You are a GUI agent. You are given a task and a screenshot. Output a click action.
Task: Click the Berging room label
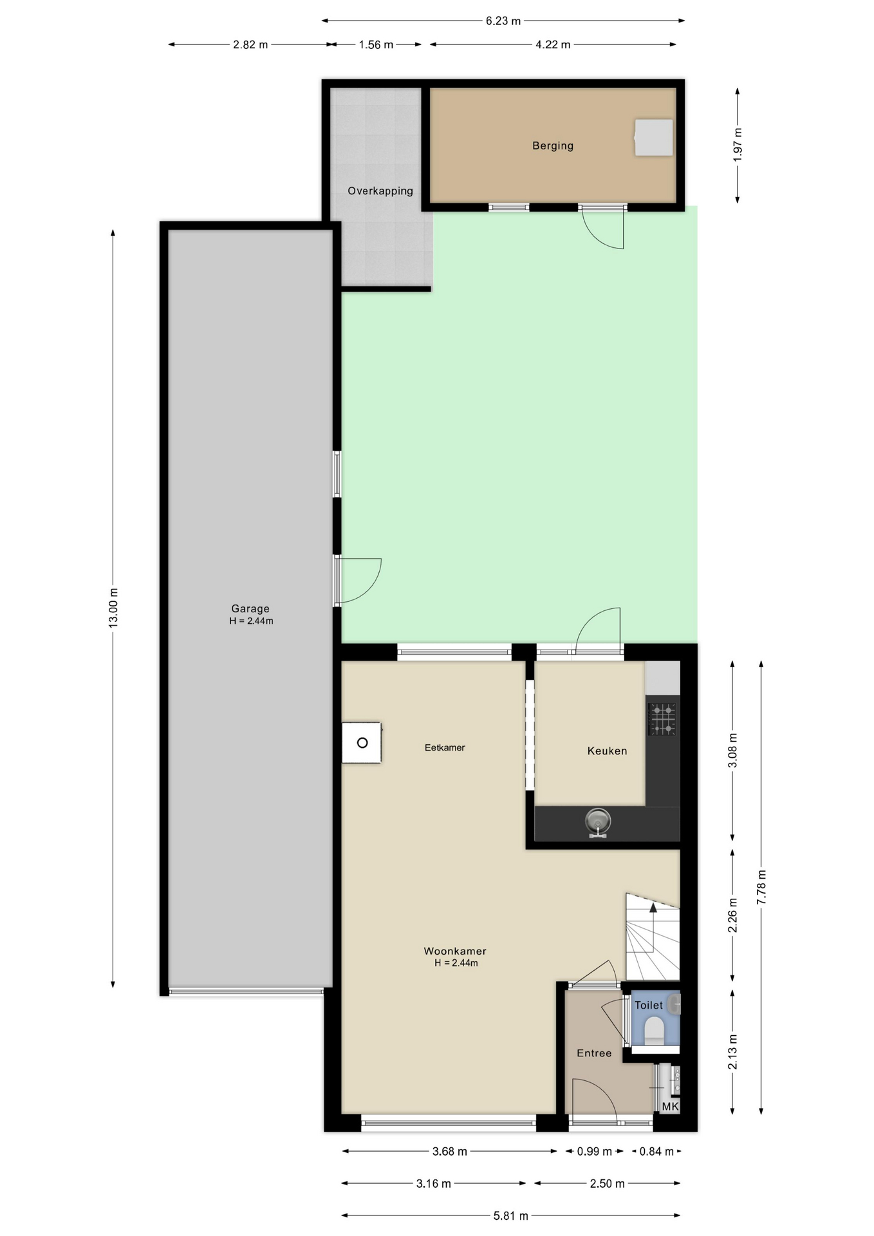pyautogui.click(x=552, y=145)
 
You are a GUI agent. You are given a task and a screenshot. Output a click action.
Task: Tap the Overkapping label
pyautogui.click(x=380, y=191)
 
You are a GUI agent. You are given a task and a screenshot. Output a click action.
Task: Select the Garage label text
pyautogui.click(x=250, y=608)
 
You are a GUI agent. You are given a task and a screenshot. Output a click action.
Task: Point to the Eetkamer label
pyautogui.click(x=445, y=747)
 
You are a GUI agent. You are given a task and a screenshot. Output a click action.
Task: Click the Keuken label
pyautogui.click(x=607, y=751)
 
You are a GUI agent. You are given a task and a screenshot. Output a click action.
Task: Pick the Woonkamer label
pyautogui.click(x=455, y=951)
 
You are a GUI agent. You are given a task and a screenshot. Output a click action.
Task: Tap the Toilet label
pyautogui.click(x=649, y=1005)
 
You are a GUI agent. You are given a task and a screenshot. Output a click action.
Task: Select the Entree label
pyautogui.click(x=594, y=1053)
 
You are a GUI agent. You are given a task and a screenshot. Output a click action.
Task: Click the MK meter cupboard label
pyautogui.click(x=670, y=1107)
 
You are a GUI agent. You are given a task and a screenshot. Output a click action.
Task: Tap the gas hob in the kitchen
pyautogui.click(x=662, y=719)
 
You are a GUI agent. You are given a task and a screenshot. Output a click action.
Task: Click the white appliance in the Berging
pyautogui.click(x=653, y=137)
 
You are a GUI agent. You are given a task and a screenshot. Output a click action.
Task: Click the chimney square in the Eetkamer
pyautogui.click(x=362, y=743)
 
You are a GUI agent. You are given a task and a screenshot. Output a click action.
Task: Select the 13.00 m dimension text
pyautogui.click(x=113, y=608)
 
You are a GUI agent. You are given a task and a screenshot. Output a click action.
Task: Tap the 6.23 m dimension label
pyautogui.click(x=503, y=21)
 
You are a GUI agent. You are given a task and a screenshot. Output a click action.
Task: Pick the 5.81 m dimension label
pyautogui.click(x=510, y=1215)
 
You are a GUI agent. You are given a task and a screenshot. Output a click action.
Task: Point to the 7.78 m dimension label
pyautogui.click(x=761, y=887)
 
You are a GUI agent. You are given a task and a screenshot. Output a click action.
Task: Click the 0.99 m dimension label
pyautogui.click(x=594, y=1151)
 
